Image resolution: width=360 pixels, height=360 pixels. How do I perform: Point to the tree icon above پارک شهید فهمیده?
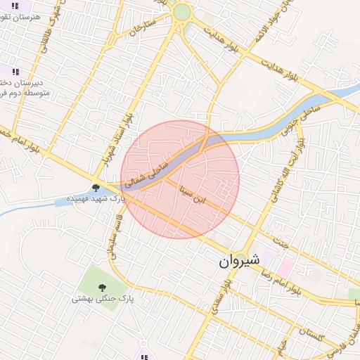point(95,187)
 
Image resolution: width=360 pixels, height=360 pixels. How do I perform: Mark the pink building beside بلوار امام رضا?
point(285,267)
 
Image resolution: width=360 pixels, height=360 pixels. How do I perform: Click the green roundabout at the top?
point(182,12)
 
